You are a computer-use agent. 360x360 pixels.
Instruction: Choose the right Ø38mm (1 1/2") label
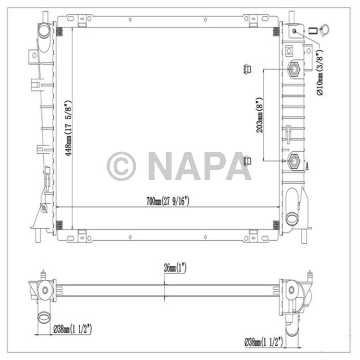click(264, 340)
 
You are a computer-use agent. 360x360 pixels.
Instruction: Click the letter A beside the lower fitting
click(308, 166)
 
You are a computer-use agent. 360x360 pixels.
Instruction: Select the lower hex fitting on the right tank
click(295, 160)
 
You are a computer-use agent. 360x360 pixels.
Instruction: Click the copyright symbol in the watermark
click(121, 166)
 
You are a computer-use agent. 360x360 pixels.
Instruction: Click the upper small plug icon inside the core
click(246, 68)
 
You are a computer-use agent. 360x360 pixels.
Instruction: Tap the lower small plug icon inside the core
click(246, 160)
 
